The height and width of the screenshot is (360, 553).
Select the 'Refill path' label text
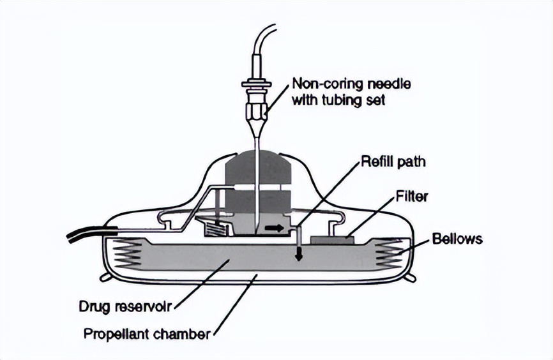coord(392,162)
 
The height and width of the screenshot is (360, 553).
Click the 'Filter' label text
coord(412,196)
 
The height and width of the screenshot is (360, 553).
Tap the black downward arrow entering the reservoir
coord(297,255)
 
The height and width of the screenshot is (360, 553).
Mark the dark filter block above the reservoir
coord(331,239)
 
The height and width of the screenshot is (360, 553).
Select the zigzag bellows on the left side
coord(126,255)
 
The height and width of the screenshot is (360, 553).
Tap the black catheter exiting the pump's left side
coord(83,237)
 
